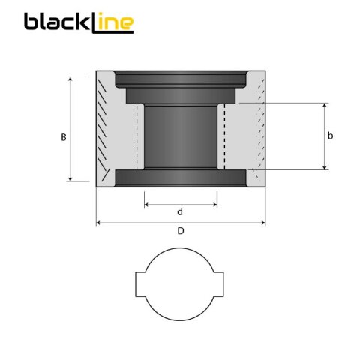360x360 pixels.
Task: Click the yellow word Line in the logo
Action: [112, 22]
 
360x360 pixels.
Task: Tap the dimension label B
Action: [64, 136]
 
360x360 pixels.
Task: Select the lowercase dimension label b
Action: [331, 136]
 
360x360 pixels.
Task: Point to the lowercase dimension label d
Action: [180, 212]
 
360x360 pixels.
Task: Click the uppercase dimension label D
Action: [180, 232]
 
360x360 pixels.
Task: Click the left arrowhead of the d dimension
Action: [146, 204]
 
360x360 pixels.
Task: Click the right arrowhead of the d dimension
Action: [214, 204]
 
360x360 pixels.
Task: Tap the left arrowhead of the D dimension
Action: [99, 223]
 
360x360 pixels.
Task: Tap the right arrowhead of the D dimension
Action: [262, 223]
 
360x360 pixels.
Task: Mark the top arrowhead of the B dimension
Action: [71, 79]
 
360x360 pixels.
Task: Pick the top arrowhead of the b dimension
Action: [325, 106]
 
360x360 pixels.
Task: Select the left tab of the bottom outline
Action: [140, 286]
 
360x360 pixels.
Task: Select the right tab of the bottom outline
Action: [220, 286]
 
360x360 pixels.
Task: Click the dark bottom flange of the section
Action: [180, 180]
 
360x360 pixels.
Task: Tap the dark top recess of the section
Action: [180, 79]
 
